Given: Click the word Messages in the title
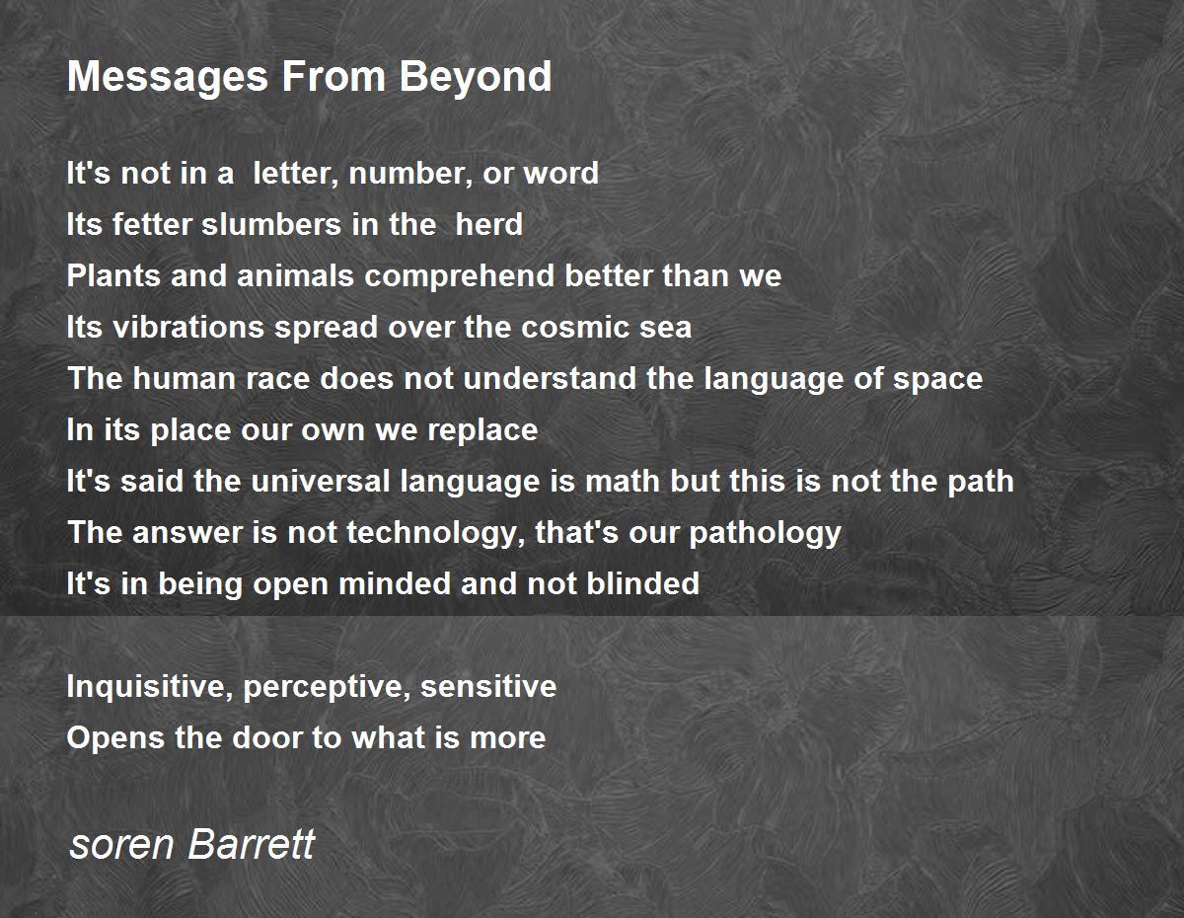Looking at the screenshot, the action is [x=168, y=77].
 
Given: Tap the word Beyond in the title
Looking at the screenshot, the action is [x=476, y=77].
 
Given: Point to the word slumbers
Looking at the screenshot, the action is [x=271, y=224].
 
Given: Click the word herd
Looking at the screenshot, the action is [x=488, y=224].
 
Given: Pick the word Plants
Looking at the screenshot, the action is [x=113, y=275].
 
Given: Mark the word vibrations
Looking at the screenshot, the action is [x=187, y=327].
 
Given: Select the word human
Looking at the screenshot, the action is [x=185, y=378].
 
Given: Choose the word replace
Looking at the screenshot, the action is [x=482, y=430].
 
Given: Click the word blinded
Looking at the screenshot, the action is [x=643, y=583].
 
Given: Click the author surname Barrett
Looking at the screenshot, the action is [x=252, y=844].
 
